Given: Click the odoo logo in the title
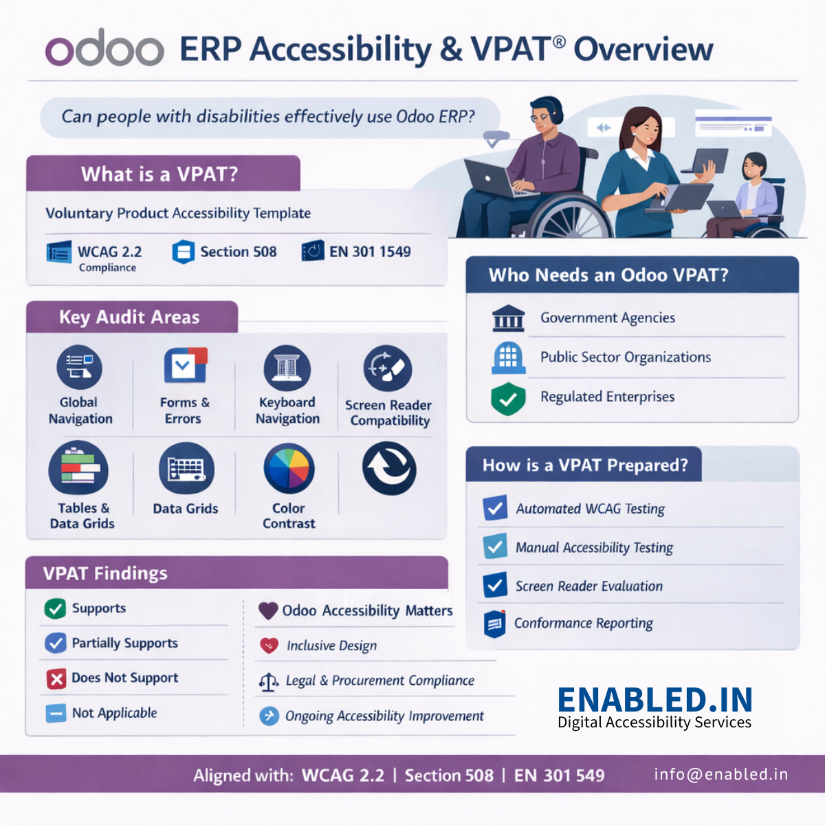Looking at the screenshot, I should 104,48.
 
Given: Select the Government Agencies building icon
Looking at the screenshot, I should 508,318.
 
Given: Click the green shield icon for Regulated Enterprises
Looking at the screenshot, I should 508,399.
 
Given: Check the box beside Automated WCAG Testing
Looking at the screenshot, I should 495,508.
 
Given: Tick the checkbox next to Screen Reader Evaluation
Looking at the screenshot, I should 495,585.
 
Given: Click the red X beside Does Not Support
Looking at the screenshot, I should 56,679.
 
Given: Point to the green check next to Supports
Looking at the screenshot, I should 55,608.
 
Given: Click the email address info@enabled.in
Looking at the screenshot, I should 720,774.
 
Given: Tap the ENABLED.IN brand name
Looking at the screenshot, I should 654,700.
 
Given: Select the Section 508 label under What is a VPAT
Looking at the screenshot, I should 238,252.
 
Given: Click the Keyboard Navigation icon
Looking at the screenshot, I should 287,368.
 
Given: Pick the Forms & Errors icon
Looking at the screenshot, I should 185,366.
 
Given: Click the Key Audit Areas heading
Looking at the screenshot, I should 129,317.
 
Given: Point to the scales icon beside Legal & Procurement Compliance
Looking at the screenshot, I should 268,681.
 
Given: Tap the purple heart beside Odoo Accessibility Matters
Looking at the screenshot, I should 268,610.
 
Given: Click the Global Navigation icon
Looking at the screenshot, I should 79,368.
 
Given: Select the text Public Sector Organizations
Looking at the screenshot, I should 625,357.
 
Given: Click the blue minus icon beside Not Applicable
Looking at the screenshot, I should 56,714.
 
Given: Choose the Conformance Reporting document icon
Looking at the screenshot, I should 494,624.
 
